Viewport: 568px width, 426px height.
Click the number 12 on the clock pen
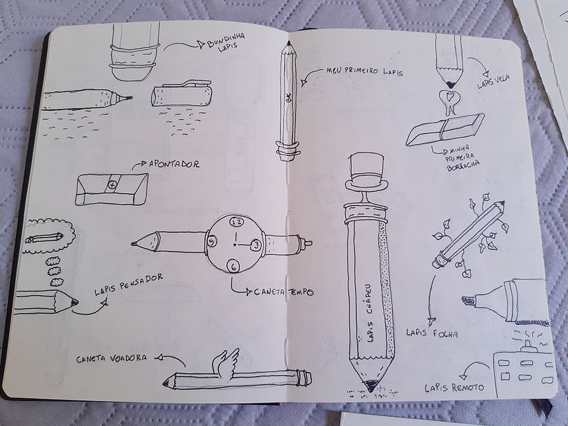[x=236, y=222]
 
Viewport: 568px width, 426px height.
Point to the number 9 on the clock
[x=210, y=240]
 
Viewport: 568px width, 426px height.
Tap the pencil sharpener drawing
[x=111, y=188]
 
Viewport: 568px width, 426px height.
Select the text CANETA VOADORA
[x=112, y=358]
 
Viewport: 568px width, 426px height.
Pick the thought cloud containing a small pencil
[x=46, y=237]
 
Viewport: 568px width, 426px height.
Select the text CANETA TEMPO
[x=284, y=292]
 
